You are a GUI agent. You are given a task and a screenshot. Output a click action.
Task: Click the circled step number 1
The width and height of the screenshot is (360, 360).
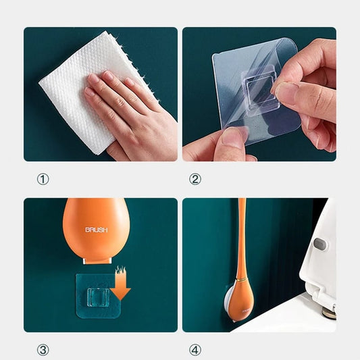click(43, 180)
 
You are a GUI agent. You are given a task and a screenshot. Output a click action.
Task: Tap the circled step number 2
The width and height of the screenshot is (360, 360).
click(195, 180)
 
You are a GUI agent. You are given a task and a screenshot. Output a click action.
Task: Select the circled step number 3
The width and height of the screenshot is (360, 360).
click(43, 350)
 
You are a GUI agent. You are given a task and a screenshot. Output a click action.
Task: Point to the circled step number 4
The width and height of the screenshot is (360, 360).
click(195, 350)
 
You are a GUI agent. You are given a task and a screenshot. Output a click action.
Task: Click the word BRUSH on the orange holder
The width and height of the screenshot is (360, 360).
click(96, 230)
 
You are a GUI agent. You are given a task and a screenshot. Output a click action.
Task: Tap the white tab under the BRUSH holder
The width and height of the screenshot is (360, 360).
click(97, 260)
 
